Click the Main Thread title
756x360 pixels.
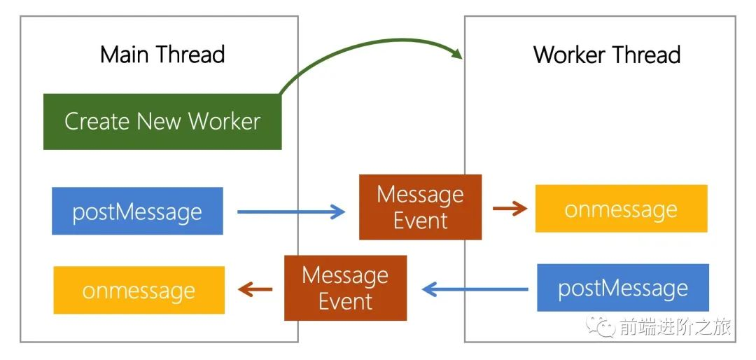click(x=162, y=55)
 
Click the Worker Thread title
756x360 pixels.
click(x=607, y=55)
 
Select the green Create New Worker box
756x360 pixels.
click(x=162, y=121)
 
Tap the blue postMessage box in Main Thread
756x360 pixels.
click(x=137, y=211)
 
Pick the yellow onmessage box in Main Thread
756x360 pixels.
click(x=139, y=290)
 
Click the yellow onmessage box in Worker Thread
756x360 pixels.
click(x=621, y=209)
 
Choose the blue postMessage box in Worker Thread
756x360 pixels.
click(x=622, y=288)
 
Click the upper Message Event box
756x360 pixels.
click(x=420, y=207)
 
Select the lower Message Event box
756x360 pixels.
click(x=345, y=288)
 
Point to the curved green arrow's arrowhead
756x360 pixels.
click(x=458, y=54)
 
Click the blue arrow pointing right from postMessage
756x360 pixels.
click(x=291, y=211)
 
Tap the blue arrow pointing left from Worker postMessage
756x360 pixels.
click(x=475, y=288)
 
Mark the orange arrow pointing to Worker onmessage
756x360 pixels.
click(x=510, y=208)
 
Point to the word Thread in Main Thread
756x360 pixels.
click(x=190, y=55)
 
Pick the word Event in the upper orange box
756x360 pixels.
click(x=420, y=221)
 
